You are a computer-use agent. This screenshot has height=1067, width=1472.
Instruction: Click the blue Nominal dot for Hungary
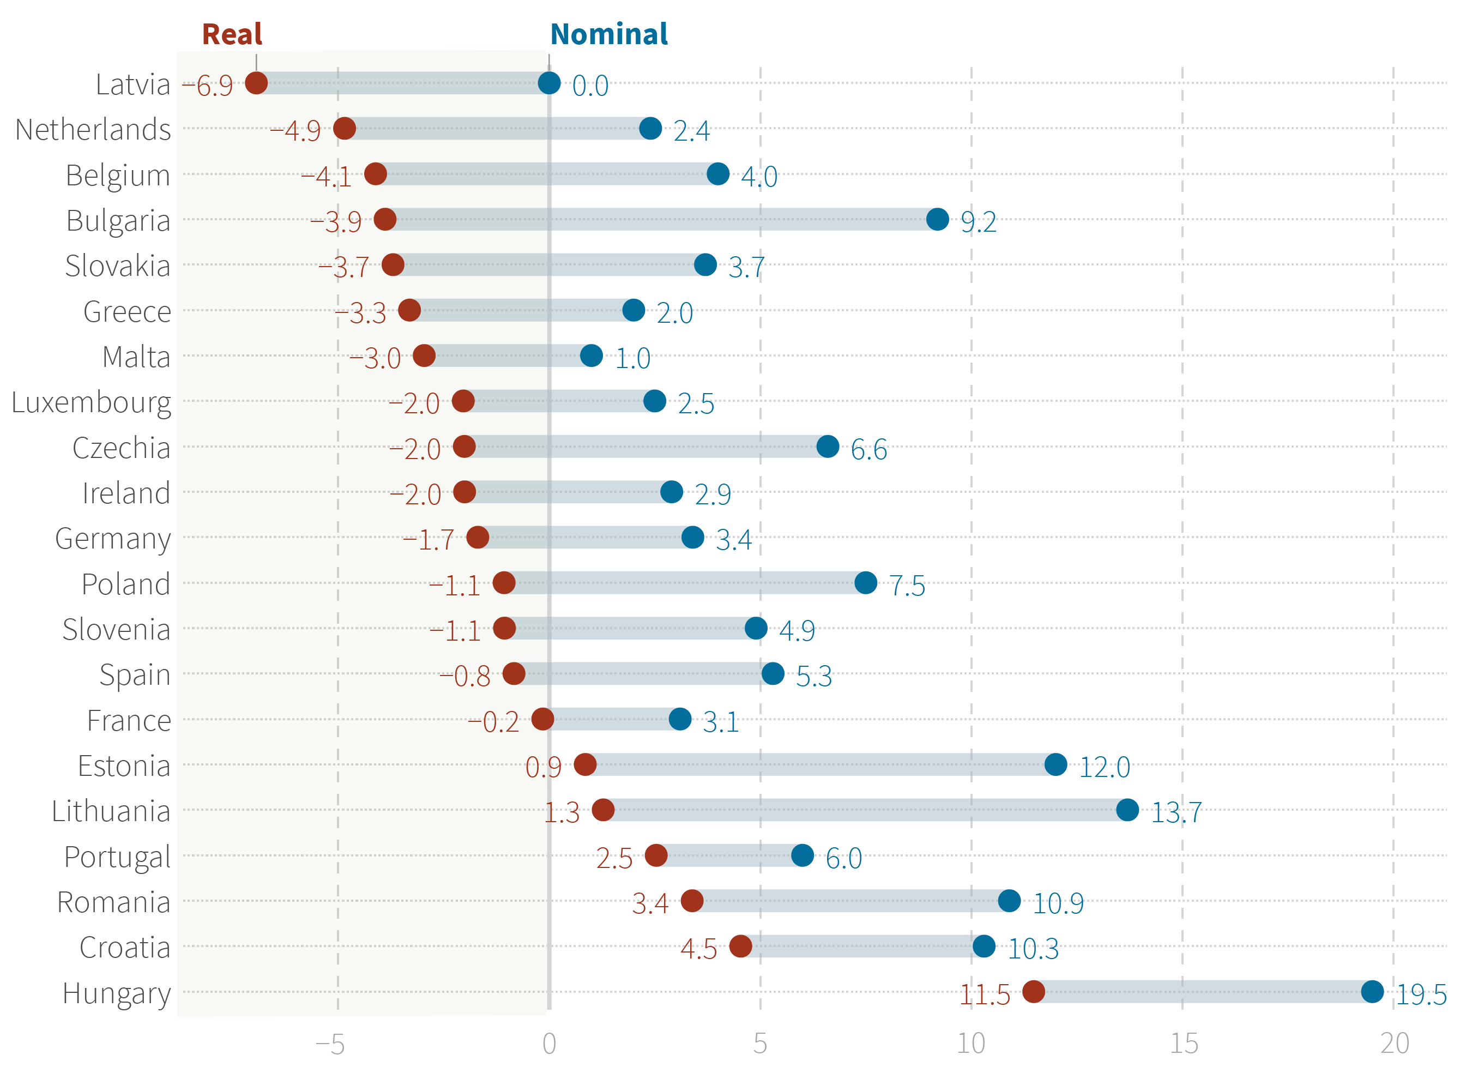[1372, 991]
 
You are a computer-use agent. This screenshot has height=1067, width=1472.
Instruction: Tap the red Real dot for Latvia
[256, 83]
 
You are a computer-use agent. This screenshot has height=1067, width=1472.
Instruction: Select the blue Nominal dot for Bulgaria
[937, 219]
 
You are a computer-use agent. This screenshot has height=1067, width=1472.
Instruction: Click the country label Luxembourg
[92, 402]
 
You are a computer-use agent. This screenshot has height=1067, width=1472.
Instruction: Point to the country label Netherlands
[93, 130]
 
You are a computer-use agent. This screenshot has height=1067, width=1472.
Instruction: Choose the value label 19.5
[1421, 994]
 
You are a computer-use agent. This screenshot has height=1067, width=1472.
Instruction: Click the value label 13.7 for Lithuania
[1176, 812]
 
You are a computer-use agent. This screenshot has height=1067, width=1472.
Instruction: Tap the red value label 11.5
[985, 994]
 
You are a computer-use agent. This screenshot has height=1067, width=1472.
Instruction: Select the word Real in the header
[232, 34]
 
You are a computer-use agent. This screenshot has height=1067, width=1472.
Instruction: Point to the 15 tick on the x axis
[1183, 1043]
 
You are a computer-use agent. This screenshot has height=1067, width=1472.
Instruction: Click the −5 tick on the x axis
[330, 1043]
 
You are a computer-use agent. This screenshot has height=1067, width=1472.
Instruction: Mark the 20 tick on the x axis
[1394, 1043]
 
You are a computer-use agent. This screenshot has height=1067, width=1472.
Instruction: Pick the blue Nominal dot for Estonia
[1055, 764]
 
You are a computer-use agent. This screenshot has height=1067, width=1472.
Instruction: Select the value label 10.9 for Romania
[1058, 903]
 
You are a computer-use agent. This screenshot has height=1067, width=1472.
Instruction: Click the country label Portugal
[117, 857]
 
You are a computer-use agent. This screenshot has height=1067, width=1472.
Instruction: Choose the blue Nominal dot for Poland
[866, 582]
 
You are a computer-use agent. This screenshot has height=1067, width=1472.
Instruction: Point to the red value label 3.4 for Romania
[650, 903]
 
